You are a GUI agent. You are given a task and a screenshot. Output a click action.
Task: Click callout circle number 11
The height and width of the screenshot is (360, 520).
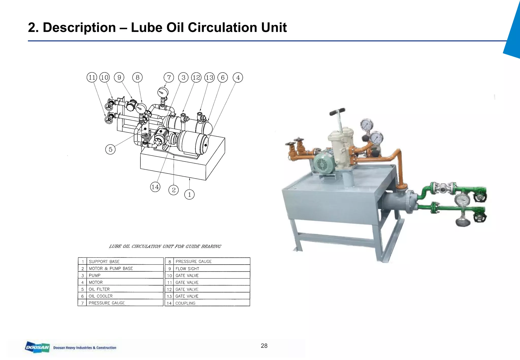tap(92, 77)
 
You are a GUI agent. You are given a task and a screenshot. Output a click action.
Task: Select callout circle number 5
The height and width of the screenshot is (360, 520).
tap(110, 149)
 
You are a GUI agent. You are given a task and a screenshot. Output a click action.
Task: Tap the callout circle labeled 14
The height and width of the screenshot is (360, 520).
tap(155, 187)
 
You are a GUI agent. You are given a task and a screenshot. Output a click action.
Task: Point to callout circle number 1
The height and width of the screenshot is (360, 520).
tap(189, 194)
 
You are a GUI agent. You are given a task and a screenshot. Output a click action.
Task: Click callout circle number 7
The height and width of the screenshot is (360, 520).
tap(169, 77)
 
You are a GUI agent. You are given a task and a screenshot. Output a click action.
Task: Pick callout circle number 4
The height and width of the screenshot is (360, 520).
tap(238, 77)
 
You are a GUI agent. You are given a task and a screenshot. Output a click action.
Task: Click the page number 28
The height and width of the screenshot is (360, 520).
tap(264, 346)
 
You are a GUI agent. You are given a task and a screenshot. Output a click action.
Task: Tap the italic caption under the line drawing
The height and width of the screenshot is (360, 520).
tap(165, 246)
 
